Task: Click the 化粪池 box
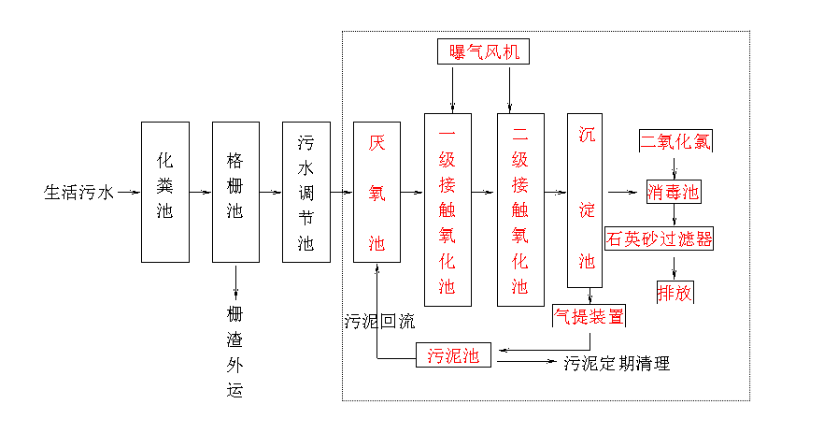pos(164,192)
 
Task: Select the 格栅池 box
pos(235,192)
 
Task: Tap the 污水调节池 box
pos(306,192)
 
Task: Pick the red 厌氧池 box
pos(376,192)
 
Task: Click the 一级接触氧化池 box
pos(448,209)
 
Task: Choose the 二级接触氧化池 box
pos(520,209)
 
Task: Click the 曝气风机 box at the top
pos(483,51)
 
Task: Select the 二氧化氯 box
pos(675,142)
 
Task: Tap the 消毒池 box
pos(674,193)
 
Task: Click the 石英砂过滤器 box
pos(660,238)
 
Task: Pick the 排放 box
pos(675,292)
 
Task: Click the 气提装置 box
pos(589,316)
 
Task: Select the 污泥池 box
pos(453,355)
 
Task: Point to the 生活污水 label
pos(78,193)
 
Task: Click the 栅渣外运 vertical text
pos(234,351)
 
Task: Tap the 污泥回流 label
pos(379,323)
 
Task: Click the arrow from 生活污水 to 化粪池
pos(128,193)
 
